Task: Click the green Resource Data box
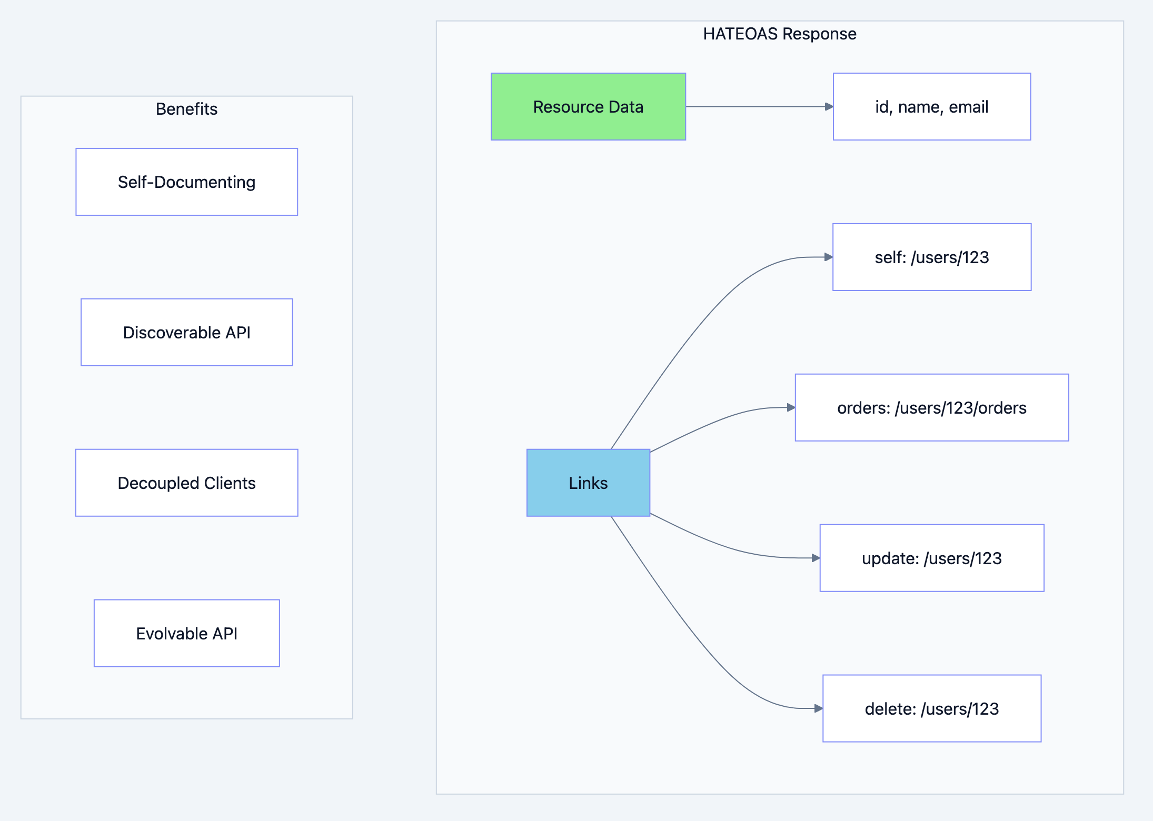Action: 588,107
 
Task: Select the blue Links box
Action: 588,483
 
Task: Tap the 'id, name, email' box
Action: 931,107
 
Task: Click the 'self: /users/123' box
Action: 931,257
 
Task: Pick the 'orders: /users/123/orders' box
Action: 931,408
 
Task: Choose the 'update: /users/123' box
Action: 931,558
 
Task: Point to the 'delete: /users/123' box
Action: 931,709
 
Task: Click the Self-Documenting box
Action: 186,182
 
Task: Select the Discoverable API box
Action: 186,333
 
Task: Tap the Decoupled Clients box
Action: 186,483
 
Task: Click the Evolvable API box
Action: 186,634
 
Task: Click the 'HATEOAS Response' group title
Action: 779,34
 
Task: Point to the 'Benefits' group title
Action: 186,109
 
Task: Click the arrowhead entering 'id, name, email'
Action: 829,107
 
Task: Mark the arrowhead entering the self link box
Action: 828,257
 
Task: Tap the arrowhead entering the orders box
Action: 791,408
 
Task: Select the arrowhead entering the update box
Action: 816,558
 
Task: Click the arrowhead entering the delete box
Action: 818,709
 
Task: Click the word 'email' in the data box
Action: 968,107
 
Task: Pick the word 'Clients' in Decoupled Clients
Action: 230,483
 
